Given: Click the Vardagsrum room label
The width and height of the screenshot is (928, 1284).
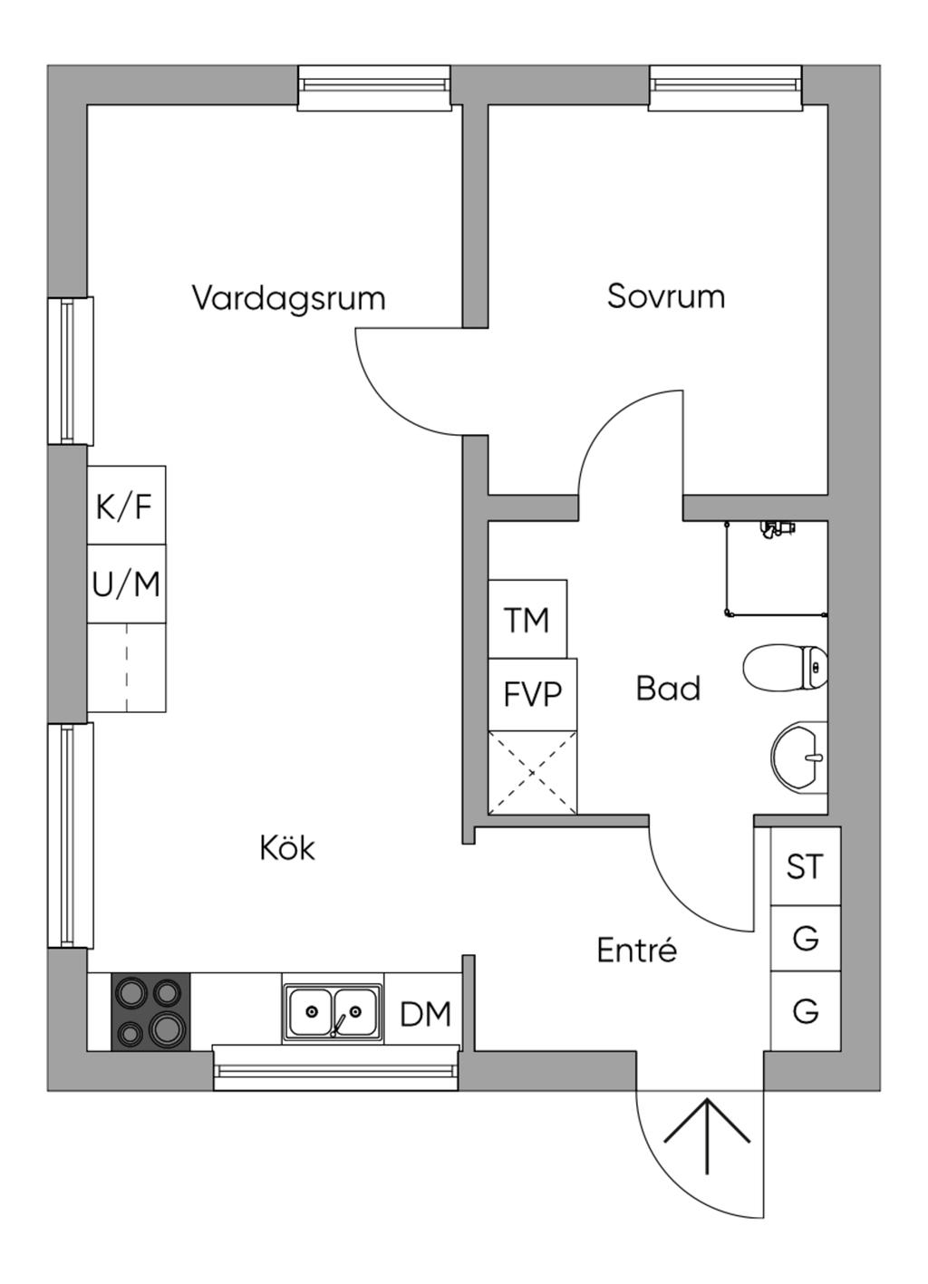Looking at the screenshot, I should [288, 298].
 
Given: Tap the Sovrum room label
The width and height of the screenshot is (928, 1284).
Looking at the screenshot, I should [665, 296].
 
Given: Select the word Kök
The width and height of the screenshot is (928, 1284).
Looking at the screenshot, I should [287, 849].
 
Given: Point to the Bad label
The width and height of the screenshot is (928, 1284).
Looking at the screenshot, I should [668, 689].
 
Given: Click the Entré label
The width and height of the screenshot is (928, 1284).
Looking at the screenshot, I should [636, 951].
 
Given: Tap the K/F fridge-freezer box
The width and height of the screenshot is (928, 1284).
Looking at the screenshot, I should [126, 506].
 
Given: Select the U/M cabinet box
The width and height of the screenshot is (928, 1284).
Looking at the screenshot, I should [126, 584].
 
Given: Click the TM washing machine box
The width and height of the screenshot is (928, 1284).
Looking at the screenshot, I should [527, 620].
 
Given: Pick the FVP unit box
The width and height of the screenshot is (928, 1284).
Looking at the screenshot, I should [532, 694].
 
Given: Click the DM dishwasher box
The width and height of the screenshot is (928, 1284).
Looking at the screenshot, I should [425, 1014].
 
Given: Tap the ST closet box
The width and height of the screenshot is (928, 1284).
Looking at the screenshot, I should [805, 867].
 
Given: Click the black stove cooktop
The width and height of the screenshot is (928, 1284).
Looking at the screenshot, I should [150, 1012].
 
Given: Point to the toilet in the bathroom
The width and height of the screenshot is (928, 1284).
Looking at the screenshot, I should [785, 669].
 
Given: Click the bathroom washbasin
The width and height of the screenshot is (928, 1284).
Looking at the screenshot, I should [800, 757].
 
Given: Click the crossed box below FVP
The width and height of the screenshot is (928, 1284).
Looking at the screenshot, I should [532, 773].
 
